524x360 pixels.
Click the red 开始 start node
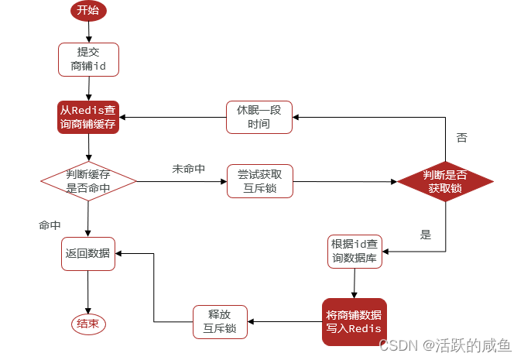click(x=88, y=11)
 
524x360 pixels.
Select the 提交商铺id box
click(x=88, y=59)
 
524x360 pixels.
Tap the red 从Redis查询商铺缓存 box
click(x=88, y=117)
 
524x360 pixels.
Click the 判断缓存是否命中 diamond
click(x=88, y=180)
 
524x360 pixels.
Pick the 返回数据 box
click(x=88, y=253)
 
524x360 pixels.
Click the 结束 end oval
click(x=88, y=324)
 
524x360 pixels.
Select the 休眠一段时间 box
click(x=259, y=117)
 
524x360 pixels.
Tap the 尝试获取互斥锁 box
click(x=259, y=181)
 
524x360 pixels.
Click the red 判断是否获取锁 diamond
click(x=445, y=181)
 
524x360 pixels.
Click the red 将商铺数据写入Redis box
click(x=354, y=321)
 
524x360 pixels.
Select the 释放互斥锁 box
click(x=220, y=321)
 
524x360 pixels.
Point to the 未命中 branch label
click(x=188, y=168)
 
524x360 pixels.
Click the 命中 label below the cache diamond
click(x=50, y=225)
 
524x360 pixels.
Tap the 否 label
click(x=461, y=138)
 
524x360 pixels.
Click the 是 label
click(x=425, y=234)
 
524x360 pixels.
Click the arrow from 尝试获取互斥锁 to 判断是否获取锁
click(x=344, y=182)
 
